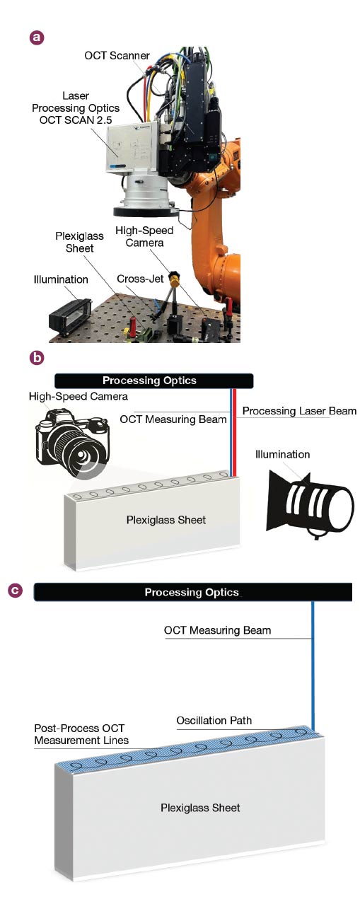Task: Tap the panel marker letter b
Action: tap(36, 358)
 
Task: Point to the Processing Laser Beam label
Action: tap(299, 411)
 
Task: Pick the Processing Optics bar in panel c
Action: tap(192, 592)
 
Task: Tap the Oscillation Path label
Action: tap(213, 721)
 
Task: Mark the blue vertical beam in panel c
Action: tap(311, 665)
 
